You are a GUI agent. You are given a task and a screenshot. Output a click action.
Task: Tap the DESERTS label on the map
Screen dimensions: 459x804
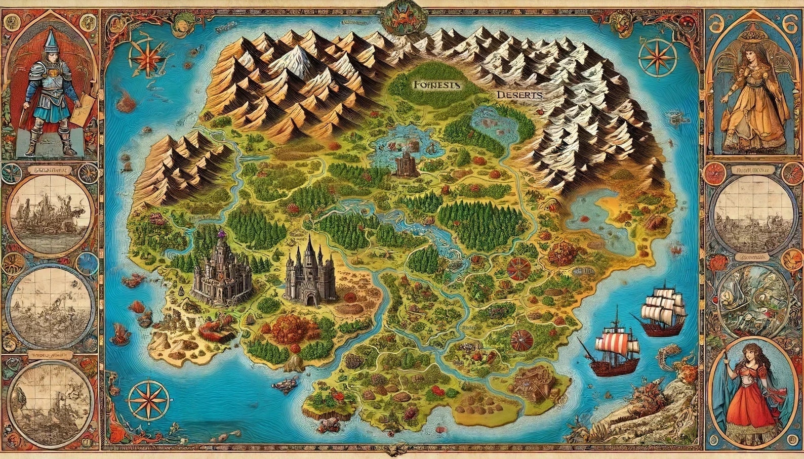coord(519,95)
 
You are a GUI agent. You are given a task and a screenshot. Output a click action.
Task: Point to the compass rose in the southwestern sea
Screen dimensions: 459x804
coord(148,398)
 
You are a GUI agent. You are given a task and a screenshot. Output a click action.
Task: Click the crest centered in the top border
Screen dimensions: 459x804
coord(402,18)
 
